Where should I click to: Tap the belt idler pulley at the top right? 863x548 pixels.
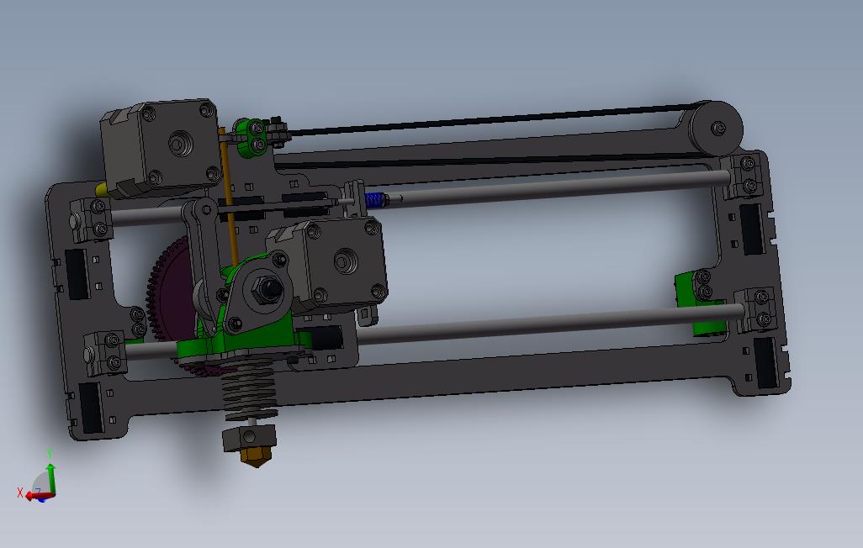717,128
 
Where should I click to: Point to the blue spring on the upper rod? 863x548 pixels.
375,200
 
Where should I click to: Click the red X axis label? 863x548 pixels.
20,493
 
